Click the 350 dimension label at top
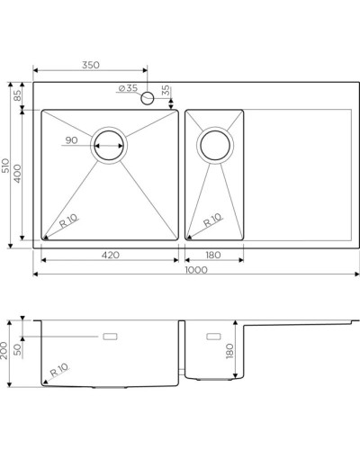[88, 66]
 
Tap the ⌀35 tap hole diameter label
[127, 88]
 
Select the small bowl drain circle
[214, 144]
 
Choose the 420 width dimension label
[109, 256]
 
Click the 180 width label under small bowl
[213, 256]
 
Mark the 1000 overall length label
[194, 270]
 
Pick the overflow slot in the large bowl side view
[112, 337]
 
